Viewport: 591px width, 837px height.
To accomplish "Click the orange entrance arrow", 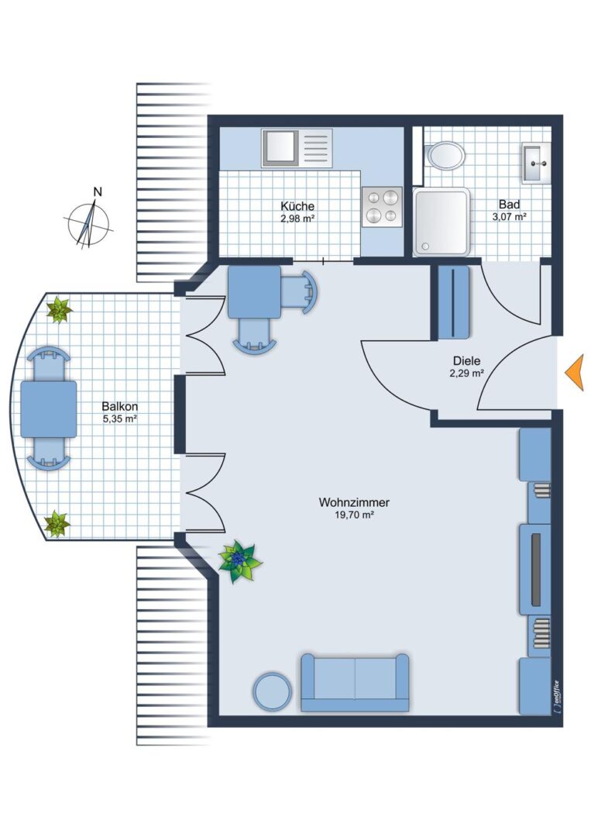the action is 575,373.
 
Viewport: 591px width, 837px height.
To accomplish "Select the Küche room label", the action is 297,206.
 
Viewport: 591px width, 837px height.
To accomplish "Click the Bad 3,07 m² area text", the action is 510,217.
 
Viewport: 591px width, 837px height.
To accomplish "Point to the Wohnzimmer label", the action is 354,502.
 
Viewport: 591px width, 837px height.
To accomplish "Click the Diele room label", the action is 467,361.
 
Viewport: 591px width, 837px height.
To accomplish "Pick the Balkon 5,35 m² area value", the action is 120,419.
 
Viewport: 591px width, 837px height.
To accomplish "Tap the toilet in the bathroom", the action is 445,155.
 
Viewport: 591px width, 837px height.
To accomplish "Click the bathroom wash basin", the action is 535,163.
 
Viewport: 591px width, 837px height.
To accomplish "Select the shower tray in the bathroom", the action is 442,222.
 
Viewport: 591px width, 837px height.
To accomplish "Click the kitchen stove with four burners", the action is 382,207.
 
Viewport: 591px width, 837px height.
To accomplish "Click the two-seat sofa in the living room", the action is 355,683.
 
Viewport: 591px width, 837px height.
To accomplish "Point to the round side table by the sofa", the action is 272,691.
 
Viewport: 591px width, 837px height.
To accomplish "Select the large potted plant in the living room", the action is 239,561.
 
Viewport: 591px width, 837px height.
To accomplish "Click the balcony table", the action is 49,409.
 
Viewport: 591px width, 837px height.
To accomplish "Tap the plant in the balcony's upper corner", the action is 59,310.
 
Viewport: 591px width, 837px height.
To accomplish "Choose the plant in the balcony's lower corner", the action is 56,524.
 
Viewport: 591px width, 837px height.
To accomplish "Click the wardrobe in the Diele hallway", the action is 453,302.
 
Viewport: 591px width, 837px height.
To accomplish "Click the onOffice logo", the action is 556,697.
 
